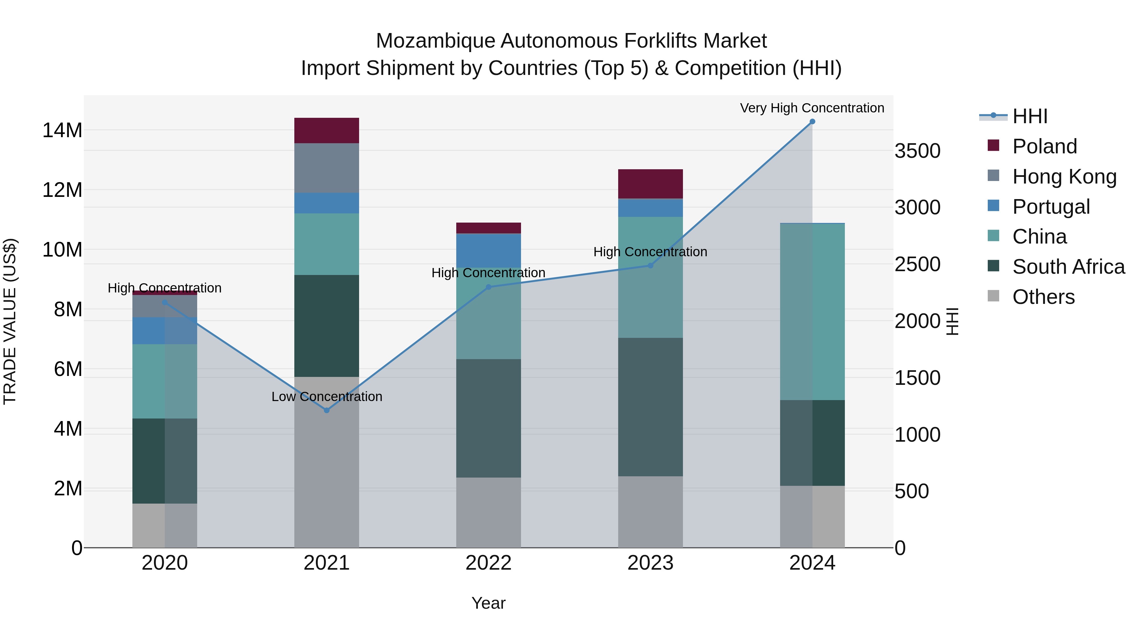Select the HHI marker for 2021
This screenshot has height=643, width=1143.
click(327, 411)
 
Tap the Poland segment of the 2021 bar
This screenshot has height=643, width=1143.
click(327, 131)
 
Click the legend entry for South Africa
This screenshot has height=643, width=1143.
click(1068, 267)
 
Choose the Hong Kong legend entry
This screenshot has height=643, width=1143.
click(1064, 177)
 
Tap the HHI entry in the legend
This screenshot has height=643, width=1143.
click(1029, 116)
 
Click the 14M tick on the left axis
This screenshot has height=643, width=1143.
click(62, 131)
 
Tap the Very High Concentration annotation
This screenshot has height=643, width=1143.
click(812, 108)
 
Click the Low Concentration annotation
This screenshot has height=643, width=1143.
click(327, 396)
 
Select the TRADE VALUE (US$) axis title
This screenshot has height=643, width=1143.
click(10, 321)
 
